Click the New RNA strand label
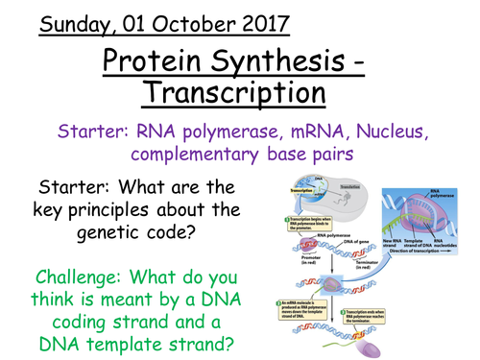[390, 241]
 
